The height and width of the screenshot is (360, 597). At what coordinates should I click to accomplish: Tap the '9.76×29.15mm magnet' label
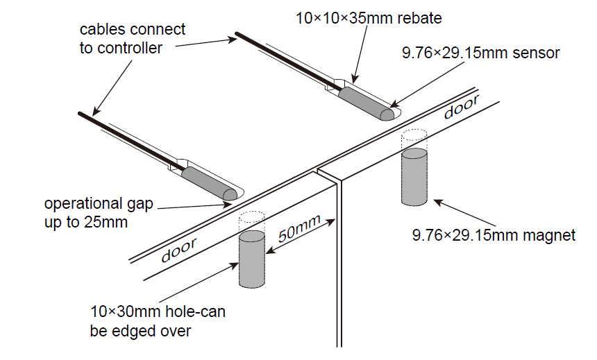point(494,235)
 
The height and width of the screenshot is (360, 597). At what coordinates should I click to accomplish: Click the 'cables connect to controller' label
point(133,38)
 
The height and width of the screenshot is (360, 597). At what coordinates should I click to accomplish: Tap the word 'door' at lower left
point(177,250)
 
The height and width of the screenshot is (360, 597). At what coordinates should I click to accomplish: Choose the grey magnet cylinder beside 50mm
point(253,259)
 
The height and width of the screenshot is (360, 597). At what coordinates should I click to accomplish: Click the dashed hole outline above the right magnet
point(415,139)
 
